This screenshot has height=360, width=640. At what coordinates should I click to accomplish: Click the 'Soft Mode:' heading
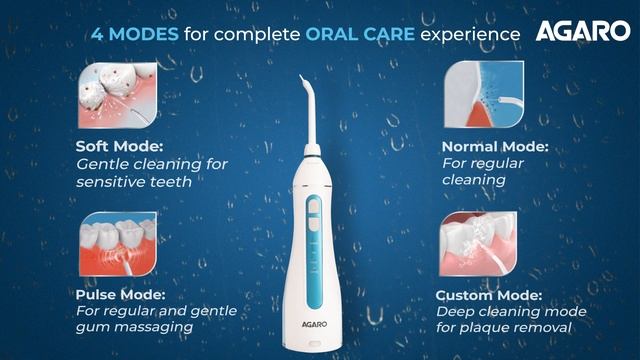click(118, 146)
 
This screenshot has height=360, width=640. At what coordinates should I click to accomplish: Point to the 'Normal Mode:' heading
click(495, 146)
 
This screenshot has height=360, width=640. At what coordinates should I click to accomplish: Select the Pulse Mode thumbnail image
click(110, 244)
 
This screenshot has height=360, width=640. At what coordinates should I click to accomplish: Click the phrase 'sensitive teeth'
click(133, 182)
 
